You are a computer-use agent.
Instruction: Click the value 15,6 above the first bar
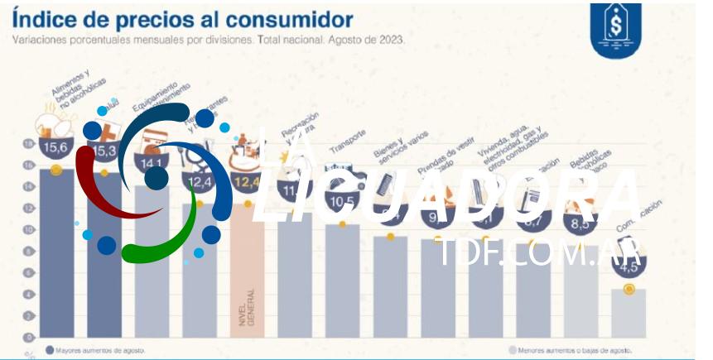(55, 149)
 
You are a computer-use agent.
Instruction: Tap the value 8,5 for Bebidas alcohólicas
(581, 223)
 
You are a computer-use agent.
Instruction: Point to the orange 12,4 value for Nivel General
(247, 181)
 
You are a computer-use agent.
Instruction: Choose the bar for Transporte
(342, 281)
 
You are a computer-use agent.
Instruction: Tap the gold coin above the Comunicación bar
(629, 289)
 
